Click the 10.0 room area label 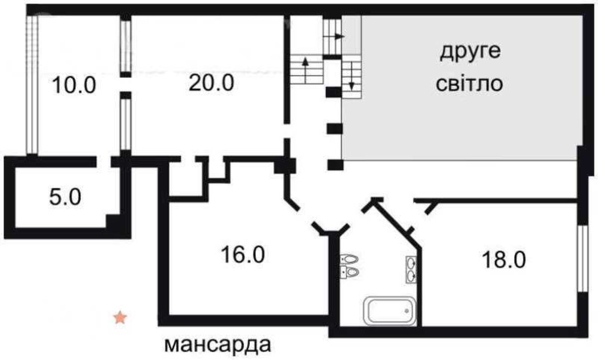click(74, 85)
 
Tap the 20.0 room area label click(211, 83)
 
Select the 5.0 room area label click(65, 197)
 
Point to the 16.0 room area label click(243, 254)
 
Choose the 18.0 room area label click(504, 260)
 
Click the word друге click(470, 52)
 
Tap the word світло click(469, 84)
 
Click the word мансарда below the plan click(218, 345)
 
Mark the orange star click(120, 317)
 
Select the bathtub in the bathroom click(390, 311)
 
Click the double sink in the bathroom click(411, 269)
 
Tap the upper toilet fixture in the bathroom click(349, 259)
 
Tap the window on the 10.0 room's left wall click(32, 85)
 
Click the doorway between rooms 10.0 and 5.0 click(104, 162)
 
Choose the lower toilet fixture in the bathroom click(349, 272)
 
